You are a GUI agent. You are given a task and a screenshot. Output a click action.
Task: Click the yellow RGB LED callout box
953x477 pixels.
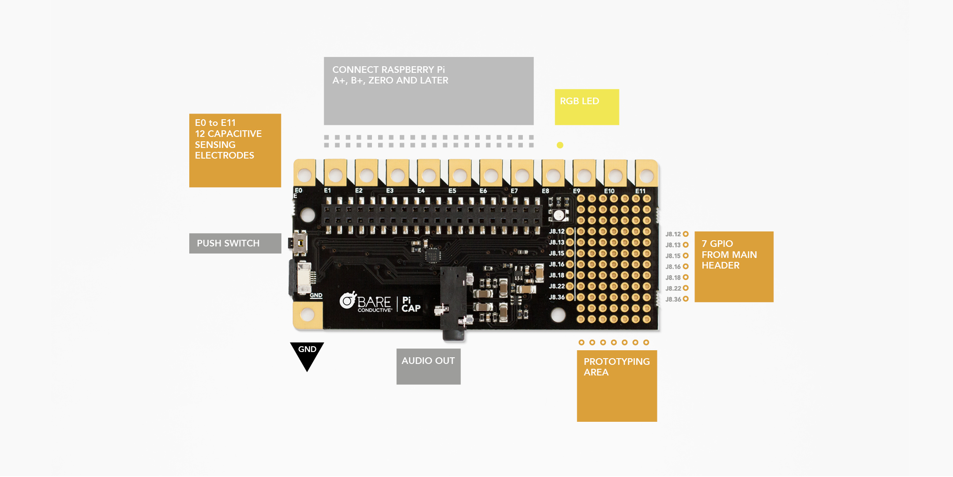pyautogui.click(x=586, y=107)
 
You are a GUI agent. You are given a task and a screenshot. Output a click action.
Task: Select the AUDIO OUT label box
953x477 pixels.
pyautogui.click(x=428, y=366)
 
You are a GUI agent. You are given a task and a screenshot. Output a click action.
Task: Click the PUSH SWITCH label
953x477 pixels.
pyautogui.click(x=235, y=243)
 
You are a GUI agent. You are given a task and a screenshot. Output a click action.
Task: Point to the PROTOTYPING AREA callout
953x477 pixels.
pyautogui.click(x=616, y=386)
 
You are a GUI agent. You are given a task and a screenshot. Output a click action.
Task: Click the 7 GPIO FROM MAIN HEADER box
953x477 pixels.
pyautogui.click(x=733, y=266)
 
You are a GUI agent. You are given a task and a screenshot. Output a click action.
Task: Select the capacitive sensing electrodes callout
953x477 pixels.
pyautogui.click(x=235, y=150)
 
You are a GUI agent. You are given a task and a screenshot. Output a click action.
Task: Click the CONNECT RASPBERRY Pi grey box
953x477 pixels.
pyautogui.click(x=428, y=91)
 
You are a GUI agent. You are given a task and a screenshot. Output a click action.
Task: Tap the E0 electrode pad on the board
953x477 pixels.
pyautogui.click(x=304, y=175)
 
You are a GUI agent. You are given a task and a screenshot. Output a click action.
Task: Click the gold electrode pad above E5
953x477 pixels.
pyautogui.click(x=460, y=175)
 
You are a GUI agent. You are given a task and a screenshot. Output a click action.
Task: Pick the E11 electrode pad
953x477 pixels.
pyautogui.click(x=646, y=175)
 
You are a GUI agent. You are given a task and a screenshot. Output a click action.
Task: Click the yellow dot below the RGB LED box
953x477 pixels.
pyautogui.click(x=560, y=145)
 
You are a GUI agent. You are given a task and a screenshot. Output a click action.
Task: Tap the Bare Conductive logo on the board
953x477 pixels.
pyautogui.click(x=366, y=302)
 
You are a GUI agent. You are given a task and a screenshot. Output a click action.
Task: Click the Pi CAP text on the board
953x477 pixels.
pyautogui.click(x=411, y=304)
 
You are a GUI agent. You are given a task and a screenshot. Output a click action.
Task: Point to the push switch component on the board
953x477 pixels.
pyautogui.click(x=300, y=243)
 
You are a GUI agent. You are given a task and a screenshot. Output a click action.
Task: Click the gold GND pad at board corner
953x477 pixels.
pyautogui.click(x=307, y=314)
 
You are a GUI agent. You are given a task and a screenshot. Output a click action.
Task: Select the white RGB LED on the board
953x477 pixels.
pyautogui.click(x=559, y=215)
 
